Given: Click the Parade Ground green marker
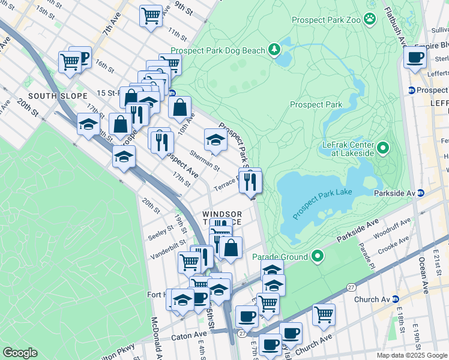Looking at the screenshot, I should coord(318,257).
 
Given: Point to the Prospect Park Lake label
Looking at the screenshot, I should coord(322,202).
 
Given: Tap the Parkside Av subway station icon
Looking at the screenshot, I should coord(421,193).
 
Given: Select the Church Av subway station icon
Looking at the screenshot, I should coord(396,299).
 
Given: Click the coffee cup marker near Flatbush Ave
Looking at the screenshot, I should coord(415,58).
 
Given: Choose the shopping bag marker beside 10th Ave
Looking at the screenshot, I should coord(180,108).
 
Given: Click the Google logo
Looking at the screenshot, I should coord(20,353).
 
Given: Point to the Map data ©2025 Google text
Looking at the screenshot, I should coord(411,355).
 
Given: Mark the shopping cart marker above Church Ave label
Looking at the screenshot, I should coord(324,314).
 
